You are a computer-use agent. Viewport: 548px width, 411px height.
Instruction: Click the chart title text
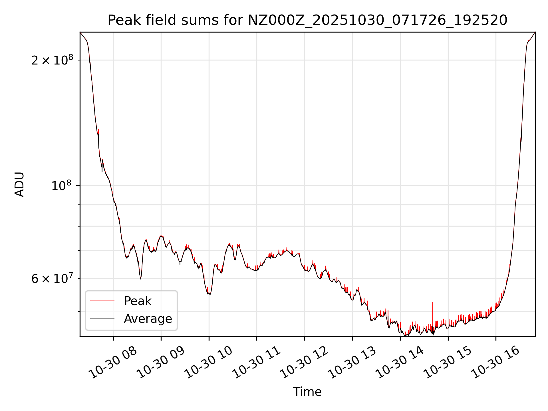pos(307,20)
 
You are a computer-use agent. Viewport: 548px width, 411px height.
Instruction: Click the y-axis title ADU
pos(20,184)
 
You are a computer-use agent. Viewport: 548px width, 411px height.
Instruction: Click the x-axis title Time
pos(307,392)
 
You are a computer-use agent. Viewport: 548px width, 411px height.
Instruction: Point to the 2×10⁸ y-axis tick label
pos(52,60)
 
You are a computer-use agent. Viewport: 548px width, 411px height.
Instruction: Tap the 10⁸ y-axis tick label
pos(61,186)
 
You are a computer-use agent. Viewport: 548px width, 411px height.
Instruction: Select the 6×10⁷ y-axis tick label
pos(52,278)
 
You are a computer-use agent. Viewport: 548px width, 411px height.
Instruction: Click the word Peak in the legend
pos(138,301)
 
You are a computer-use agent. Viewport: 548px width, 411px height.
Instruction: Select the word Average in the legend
pos(148,319)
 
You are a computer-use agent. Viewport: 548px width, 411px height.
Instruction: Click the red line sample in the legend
pos(102,301)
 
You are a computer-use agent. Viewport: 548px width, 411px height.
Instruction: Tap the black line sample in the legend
pos(102,319)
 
